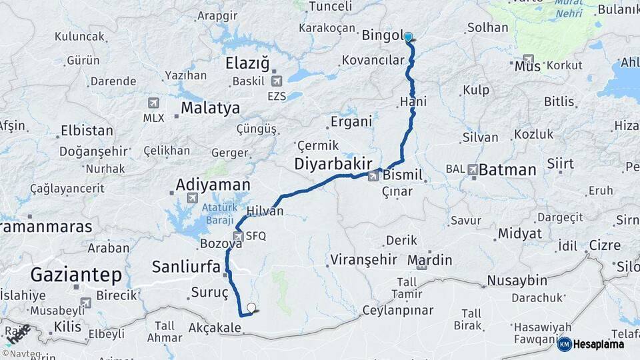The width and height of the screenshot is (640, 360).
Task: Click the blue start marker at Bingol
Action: pyautogui.click(x=407, y=37)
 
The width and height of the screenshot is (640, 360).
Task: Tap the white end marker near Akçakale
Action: pyautogui.click(x=251, y=307)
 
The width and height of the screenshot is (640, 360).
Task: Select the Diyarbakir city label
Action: pyautogui.click(x=332, y=164)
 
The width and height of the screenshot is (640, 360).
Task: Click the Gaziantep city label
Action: pyautogui.click(x=76, y=274)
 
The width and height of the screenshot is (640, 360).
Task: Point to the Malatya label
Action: pyautogui.click(x=210, y=107)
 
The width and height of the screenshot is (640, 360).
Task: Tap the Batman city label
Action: pyautogui.click(x=507, y=169)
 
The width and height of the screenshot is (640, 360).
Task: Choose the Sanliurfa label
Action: pyautogui.click(x=186, y=267)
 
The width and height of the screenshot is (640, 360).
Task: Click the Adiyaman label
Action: pyautogui.click(x=213, y=184)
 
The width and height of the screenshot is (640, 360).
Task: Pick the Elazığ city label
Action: pyautogui.click(x=247, y=64)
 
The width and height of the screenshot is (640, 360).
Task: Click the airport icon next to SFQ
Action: pyautogui.click(x=238, y=236)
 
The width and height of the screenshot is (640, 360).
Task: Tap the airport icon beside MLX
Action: pyautogui.click(x=153, y=103)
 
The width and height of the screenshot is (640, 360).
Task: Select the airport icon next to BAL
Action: pyautogui.click(x=473, y=169)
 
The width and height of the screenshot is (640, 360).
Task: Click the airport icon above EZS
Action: pyautogui.click(x=277, y=81)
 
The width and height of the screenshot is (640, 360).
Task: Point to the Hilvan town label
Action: pyautogui.click(x=265, y=211)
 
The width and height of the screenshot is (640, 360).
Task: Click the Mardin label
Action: pyautogui.click(x=429, y=259)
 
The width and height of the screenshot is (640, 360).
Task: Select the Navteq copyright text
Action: pyautogui.click(x=21, y=354)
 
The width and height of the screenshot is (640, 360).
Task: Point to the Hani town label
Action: pyautogui.click(x=413, y=102)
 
